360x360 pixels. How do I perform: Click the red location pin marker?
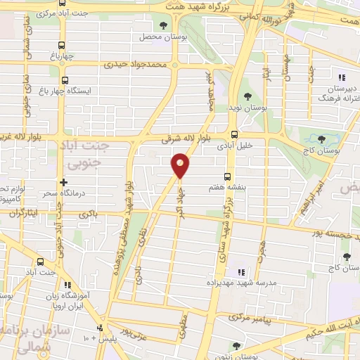pos(181,165)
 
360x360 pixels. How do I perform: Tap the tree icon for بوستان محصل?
pos(165,26)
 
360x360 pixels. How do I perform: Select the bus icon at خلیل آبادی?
pos(234,134)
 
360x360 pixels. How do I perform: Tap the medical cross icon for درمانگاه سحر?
pos(64,182)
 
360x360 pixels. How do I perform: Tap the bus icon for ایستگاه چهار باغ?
pos(65,80)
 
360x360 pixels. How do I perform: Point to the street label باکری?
pos(88,213)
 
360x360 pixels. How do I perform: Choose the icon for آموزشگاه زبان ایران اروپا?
pos(68,285)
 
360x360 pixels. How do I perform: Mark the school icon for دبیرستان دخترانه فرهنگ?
pos(341,78)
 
